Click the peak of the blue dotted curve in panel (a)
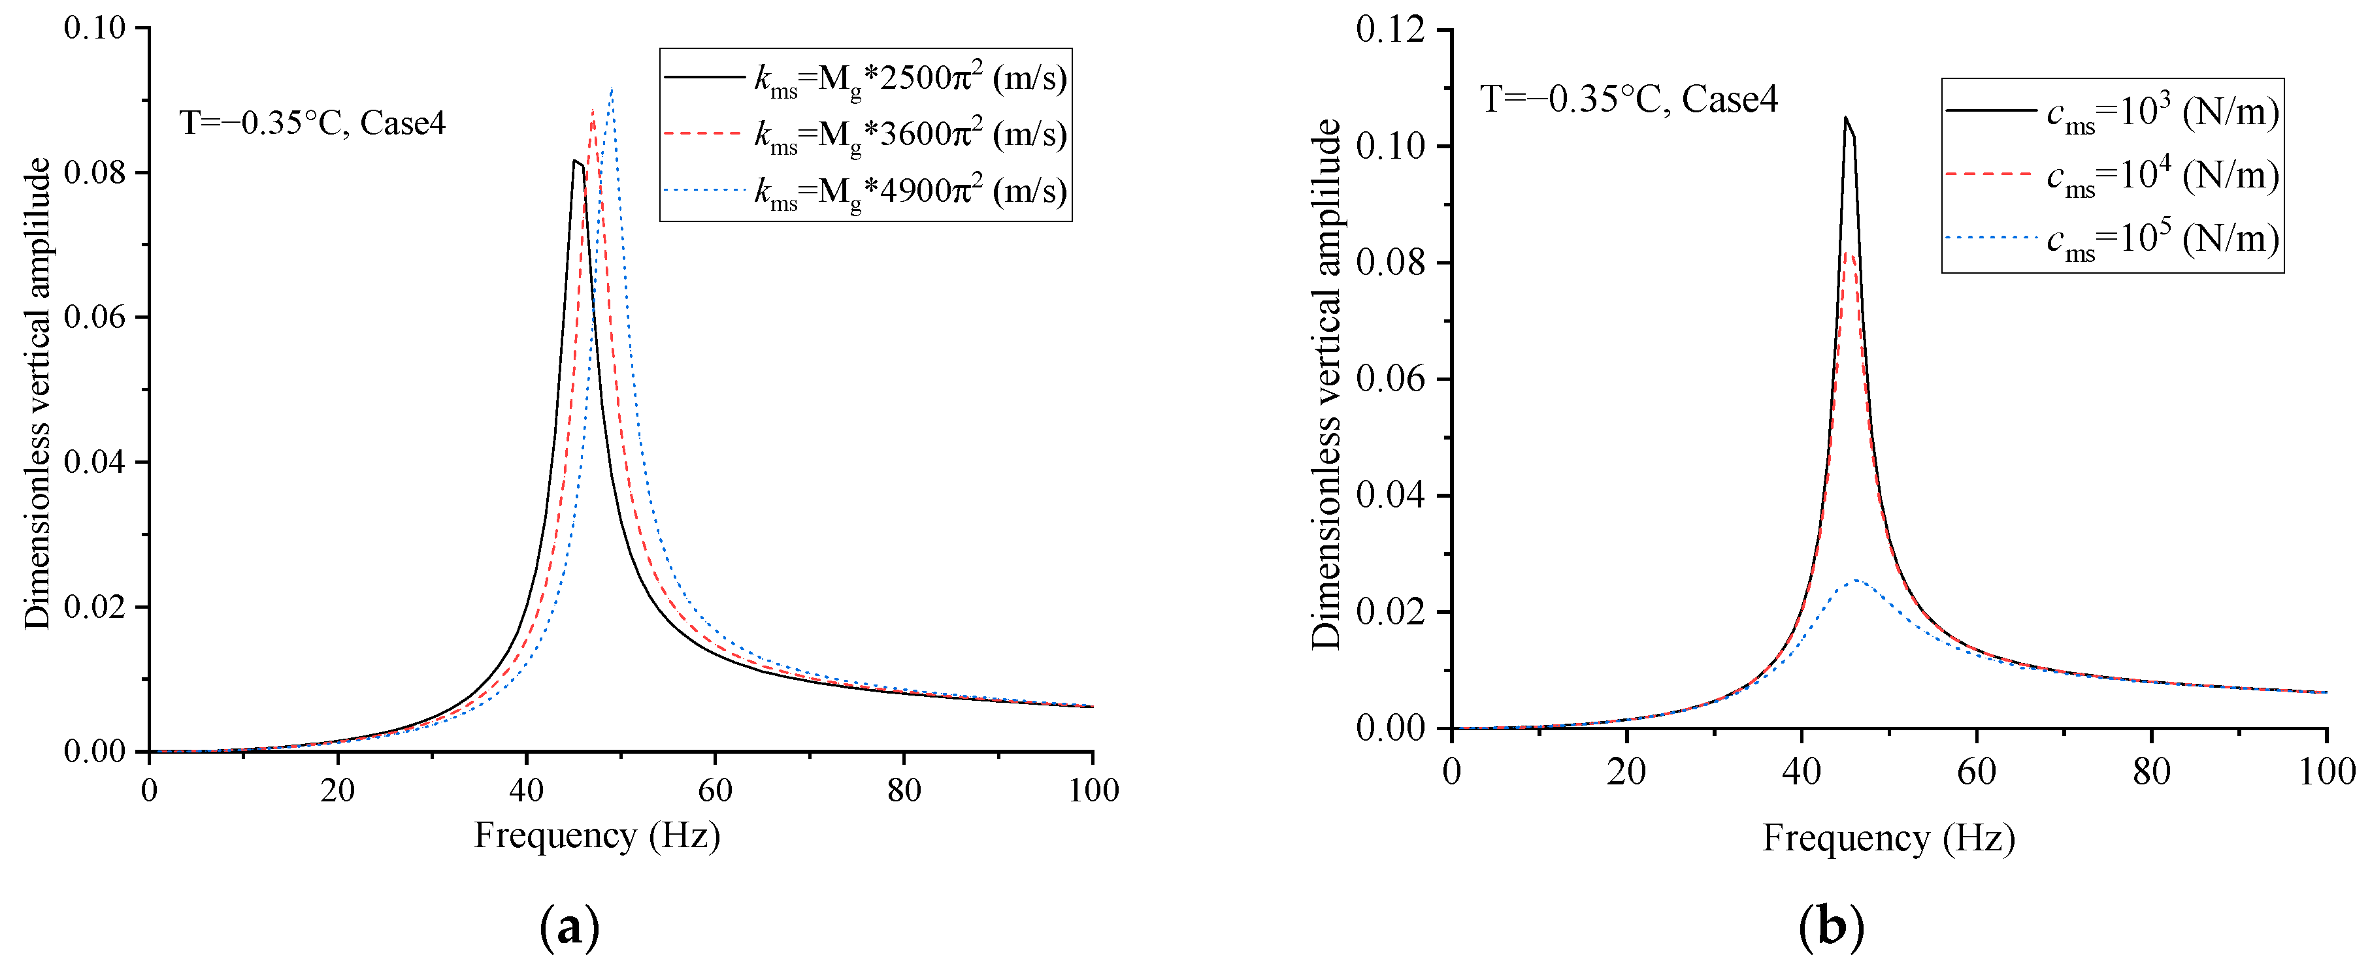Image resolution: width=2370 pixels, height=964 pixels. tap(612, 89)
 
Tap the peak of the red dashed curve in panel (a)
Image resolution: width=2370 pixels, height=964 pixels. tap(593, 110)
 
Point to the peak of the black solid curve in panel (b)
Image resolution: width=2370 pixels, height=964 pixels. tap(1845, 118)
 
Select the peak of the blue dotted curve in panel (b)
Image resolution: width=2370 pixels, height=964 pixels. tap(1856, 581)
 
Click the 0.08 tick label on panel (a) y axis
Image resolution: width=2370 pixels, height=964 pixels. tap(94, 173)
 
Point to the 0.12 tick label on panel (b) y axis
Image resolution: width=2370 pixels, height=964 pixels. tap(1390, 29)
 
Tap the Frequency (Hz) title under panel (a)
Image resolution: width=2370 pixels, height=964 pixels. tap(596, 835)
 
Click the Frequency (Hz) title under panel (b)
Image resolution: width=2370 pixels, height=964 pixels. tap(1888, 838)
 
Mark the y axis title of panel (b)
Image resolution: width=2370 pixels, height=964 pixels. tap(1326, 385)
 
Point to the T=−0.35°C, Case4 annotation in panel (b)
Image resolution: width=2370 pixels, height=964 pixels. tap(1628, 99)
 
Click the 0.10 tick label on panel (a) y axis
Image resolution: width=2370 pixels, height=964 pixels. tap(94, 29)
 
